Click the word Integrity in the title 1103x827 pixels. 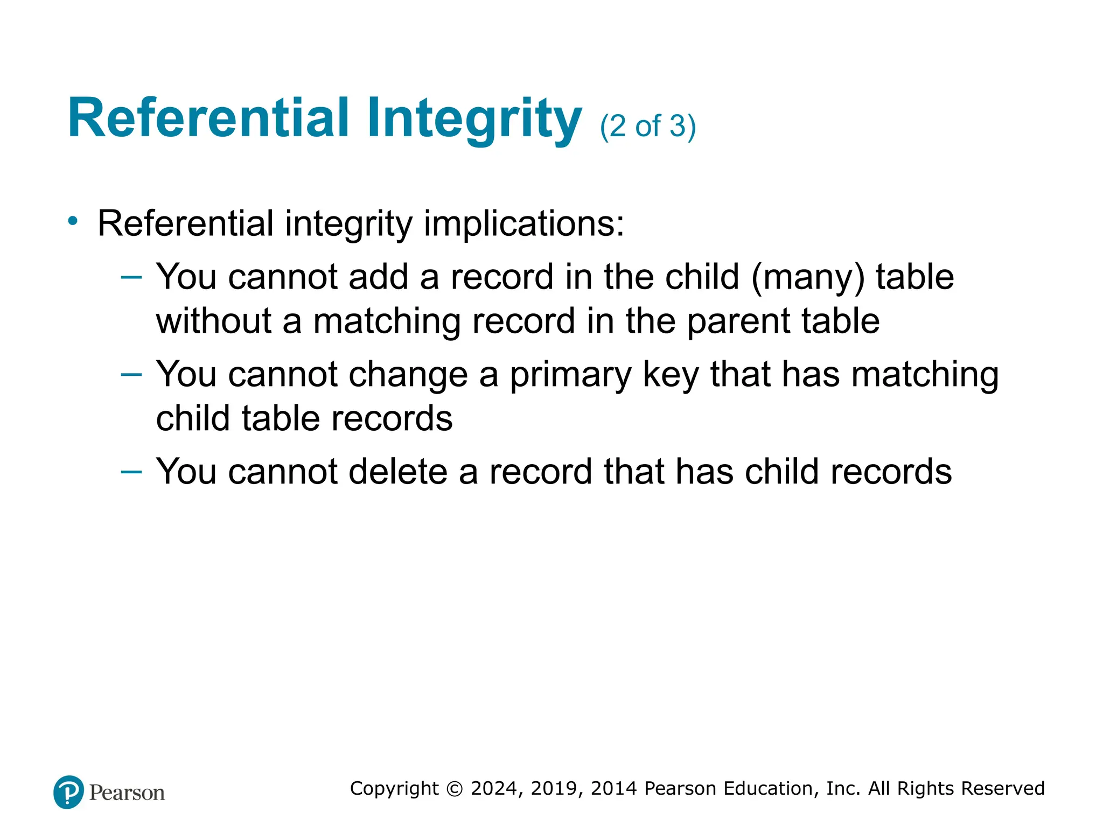click(474, 120)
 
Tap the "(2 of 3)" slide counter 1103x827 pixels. click(648, 127)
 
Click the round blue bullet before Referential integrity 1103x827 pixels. click(73, 221)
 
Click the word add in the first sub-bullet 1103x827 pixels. click(378, 277)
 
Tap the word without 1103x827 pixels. click(213, 321)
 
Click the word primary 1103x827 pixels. click(570, 375)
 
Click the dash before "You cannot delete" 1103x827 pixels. click(131, 472)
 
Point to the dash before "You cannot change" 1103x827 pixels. click(131, 375)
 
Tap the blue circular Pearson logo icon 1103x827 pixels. click(68, 792)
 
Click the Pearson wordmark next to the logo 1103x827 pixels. click(127, 793)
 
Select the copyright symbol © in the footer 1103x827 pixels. click(455, 789)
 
